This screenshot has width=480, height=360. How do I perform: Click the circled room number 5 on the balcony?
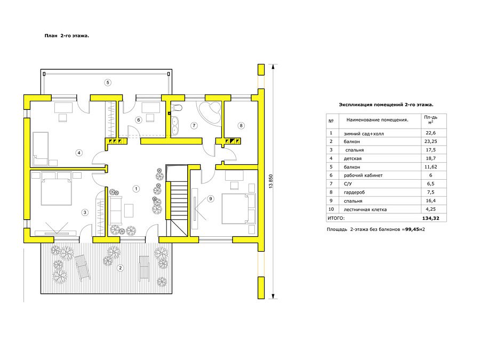107,82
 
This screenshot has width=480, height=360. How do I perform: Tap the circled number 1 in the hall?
136,189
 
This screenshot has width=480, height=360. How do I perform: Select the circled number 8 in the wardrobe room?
241,125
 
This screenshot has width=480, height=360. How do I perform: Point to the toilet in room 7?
177,108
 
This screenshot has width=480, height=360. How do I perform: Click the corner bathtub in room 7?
210,113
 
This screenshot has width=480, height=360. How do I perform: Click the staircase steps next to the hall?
179,201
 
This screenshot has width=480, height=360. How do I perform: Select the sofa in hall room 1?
116,210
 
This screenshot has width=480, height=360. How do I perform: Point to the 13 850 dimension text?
270,181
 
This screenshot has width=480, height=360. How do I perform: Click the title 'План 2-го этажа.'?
67,36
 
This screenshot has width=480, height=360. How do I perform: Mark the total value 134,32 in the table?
430,218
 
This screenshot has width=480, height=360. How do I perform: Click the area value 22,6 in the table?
430,133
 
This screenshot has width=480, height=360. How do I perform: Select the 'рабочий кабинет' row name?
363,175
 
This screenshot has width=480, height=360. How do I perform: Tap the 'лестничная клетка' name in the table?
365,210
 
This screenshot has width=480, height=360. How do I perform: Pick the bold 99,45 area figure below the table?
412,229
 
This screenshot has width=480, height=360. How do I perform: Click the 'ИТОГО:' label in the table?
336,218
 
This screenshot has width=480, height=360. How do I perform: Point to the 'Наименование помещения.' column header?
377,120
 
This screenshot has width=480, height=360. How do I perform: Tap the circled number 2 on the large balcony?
121,268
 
